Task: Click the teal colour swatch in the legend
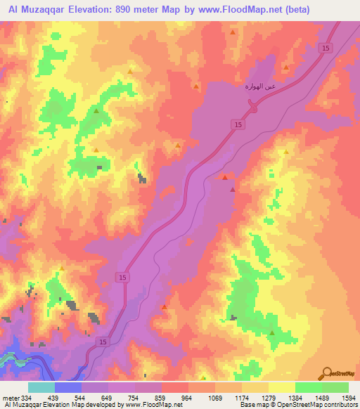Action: coord(41,387)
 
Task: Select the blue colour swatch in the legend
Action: coord(68,387)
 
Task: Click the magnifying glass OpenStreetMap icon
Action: coord(327,372)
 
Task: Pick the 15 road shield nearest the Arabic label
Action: coord(237,124)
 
